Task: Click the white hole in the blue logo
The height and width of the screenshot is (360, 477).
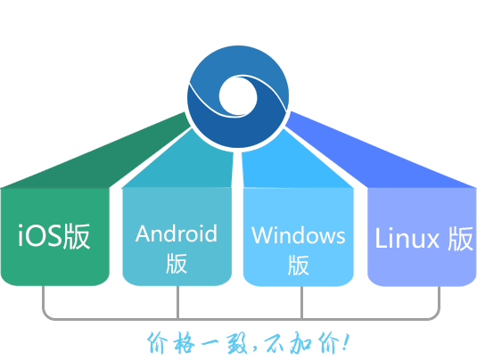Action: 238,96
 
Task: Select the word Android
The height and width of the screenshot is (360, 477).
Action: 177,233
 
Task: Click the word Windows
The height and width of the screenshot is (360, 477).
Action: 299,235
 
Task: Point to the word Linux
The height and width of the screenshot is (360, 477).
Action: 407,239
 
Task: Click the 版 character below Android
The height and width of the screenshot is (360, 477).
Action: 177,263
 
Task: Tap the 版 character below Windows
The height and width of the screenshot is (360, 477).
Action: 299,266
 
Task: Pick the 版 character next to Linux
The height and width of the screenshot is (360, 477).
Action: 461,239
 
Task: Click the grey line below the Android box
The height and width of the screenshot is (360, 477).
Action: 177,302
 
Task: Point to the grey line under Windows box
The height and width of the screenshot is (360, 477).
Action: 301,302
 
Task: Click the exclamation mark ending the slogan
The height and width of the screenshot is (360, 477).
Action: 346,342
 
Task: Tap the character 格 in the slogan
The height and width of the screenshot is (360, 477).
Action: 184,343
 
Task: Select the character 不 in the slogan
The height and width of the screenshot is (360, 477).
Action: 275,343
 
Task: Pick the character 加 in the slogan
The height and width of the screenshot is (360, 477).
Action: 300,343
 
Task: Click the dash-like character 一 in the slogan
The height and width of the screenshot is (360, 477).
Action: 212,344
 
